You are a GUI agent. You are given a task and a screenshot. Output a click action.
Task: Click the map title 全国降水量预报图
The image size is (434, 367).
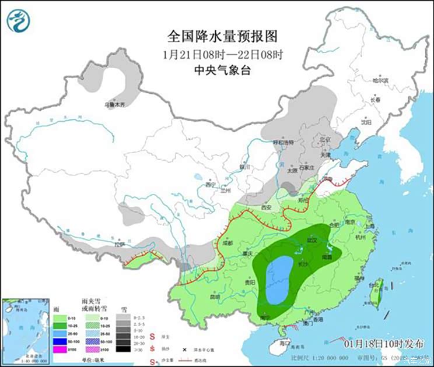click(x=222, y=37)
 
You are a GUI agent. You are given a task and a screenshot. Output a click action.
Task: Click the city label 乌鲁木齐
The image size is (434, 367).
click(x=114, y=105)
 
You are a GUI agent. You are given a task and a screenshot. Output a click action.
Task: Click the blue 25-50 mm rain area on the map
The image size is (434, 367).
click(x=278, y=280)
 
